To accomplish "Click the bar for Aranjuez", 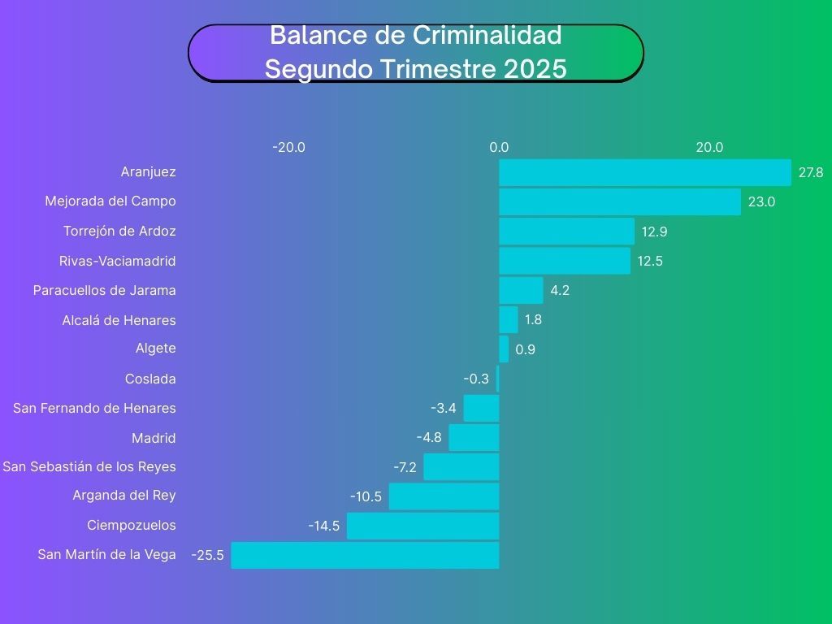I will click(644, 172).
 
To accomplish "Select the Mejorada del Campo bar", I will click(619, 201).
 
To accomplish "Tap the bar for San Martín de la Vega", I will click(365, 555).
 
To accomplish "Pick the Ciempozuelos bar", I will click(422, 526).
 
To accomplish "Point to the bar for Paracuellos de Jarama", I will click(521, 290).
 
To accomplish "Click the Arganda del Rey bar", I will click(444, 496).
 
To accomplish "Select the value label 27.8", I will click(811, 172).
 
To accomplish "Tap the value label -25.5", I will click(207, 556).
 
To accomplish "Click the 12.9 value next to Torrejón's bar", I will click(654, 232).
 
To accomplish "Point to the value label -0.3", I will click(476, 379).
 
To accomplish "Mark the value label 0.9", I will click(525, 350).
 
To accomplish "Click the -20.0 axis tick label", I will click(288, 147).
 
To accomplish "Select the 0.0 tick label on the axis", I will click(499, 147).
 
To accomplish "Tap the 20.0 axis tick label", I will click(709, 147).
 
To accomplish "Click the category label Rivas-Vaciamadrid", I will click(118, 261).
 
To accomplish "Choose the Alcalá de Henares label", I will click(119, 320).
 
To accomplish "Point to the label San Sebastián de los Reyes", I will click(89, 466).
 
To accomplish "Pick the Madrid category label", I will click(154, 438).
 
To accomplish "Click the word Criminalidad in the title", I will click(487, 36).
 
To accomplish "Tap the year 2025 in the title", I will click(535, 69).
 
